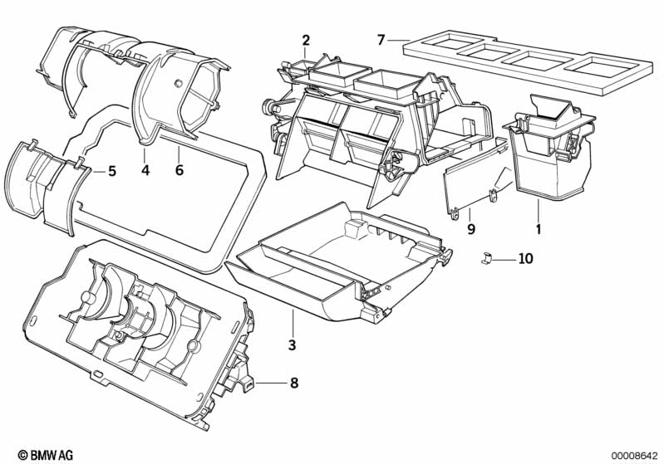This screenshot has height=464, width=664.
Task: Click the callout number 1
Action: click(539, 229)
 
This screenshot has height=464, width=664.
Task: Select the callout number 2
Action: click(306, 41)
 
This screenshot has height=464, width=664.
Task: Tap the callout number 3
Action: click(293, 345)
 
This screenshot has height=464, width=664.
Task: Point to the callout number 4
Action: click(145, 170)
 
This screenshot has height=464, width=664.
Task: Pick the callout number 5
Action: click(112, 171)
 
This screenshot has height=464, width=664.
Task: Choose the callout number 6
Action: click(180, 170)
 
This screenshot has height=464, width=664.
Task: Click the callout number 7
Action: click(381, 40)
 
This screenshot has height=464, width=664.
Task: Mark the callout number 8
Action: click(294, 383)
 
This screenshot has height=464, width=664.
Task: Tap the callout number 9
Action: click(471, 229)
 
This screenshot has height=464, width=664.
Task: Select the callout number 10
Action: click(525, 258)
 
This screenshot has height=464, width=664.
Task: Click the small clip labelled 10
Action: click(486, 257)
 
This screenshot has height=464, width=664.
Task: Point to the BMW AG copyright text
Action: click(46, 455)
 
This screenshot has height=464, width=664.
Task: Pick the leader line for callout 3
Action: click(293, 324)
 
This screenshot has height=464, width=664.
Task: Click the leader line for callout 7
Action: click(399, 40)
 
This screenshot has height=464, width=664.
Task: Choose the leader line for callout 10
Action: click(504, 258)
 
